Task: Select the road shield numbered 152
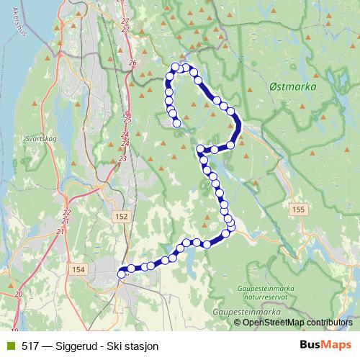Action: (121, 217)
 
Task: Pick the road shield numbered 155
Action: (299, 209)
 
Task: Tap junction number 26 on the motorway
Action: (132, 63)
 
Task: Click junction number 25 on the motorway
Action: (127, 120)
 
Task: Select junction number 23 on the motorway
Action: (122, 158)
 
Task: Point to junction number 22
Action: (67, 212)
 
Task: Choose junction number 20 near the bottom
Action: (18, 294)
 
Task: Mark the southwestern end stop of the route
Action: (122, 272)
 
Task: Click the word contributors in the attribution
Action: (328, 323)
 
